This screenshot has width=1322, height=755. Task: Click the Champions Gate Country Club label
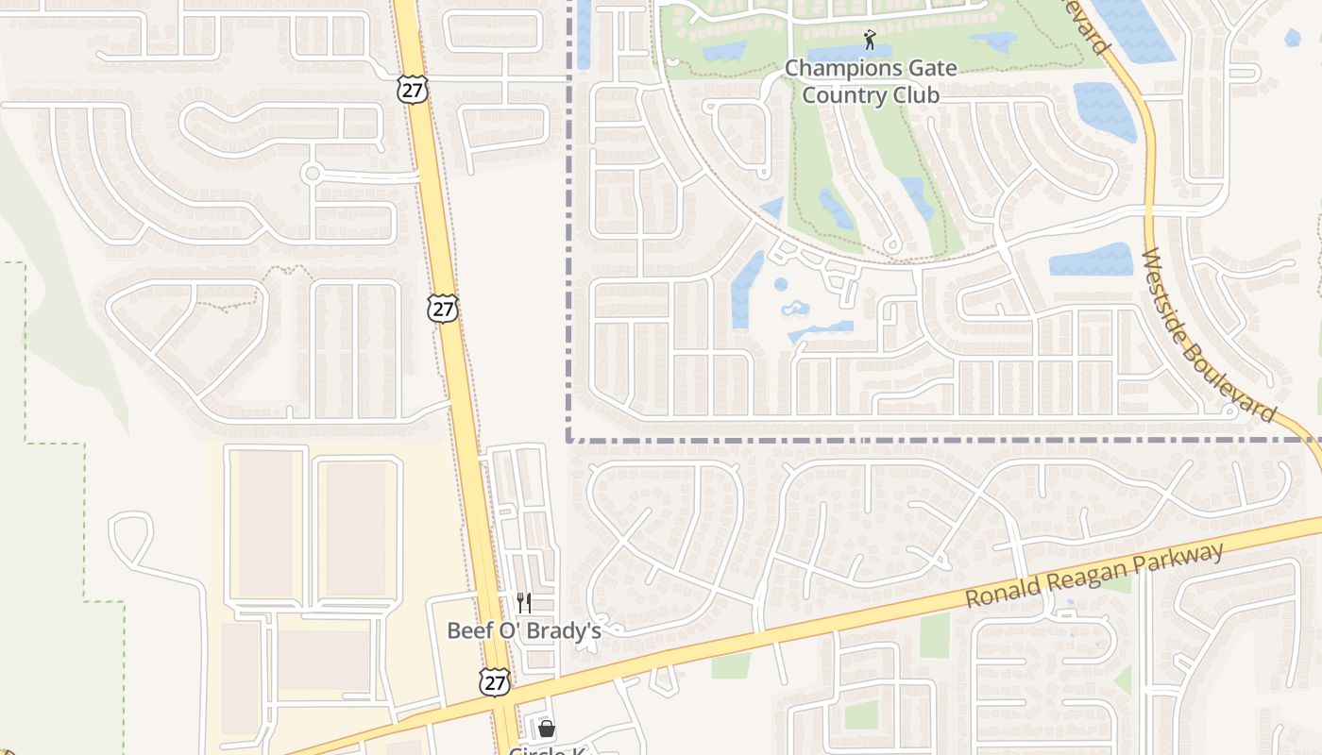tap(870, 82)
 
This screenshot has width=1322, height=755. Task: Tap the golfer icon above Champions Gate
tap(870, 40)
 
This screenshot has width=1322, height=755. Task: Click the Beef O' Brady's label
tap(524, 630)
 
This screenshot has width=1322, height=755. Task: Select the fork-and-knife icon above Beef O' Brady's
tap(524, 603)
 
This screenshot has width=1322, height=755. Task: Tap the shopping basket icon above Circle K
tap(546, 729)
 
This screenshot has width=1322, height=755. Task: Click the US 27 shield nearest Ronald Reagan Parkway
tap(494, 682)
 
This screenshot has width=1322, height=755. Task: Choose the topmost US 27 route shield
tap(413, 90)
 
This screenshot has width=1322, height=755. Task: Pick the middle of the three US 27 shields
tap(442, 308)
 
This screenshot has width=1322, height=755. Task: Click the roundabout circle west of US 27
tap(312, 173)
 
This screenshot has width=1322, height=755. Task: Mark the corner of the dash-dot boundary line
tap(569, 439)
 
